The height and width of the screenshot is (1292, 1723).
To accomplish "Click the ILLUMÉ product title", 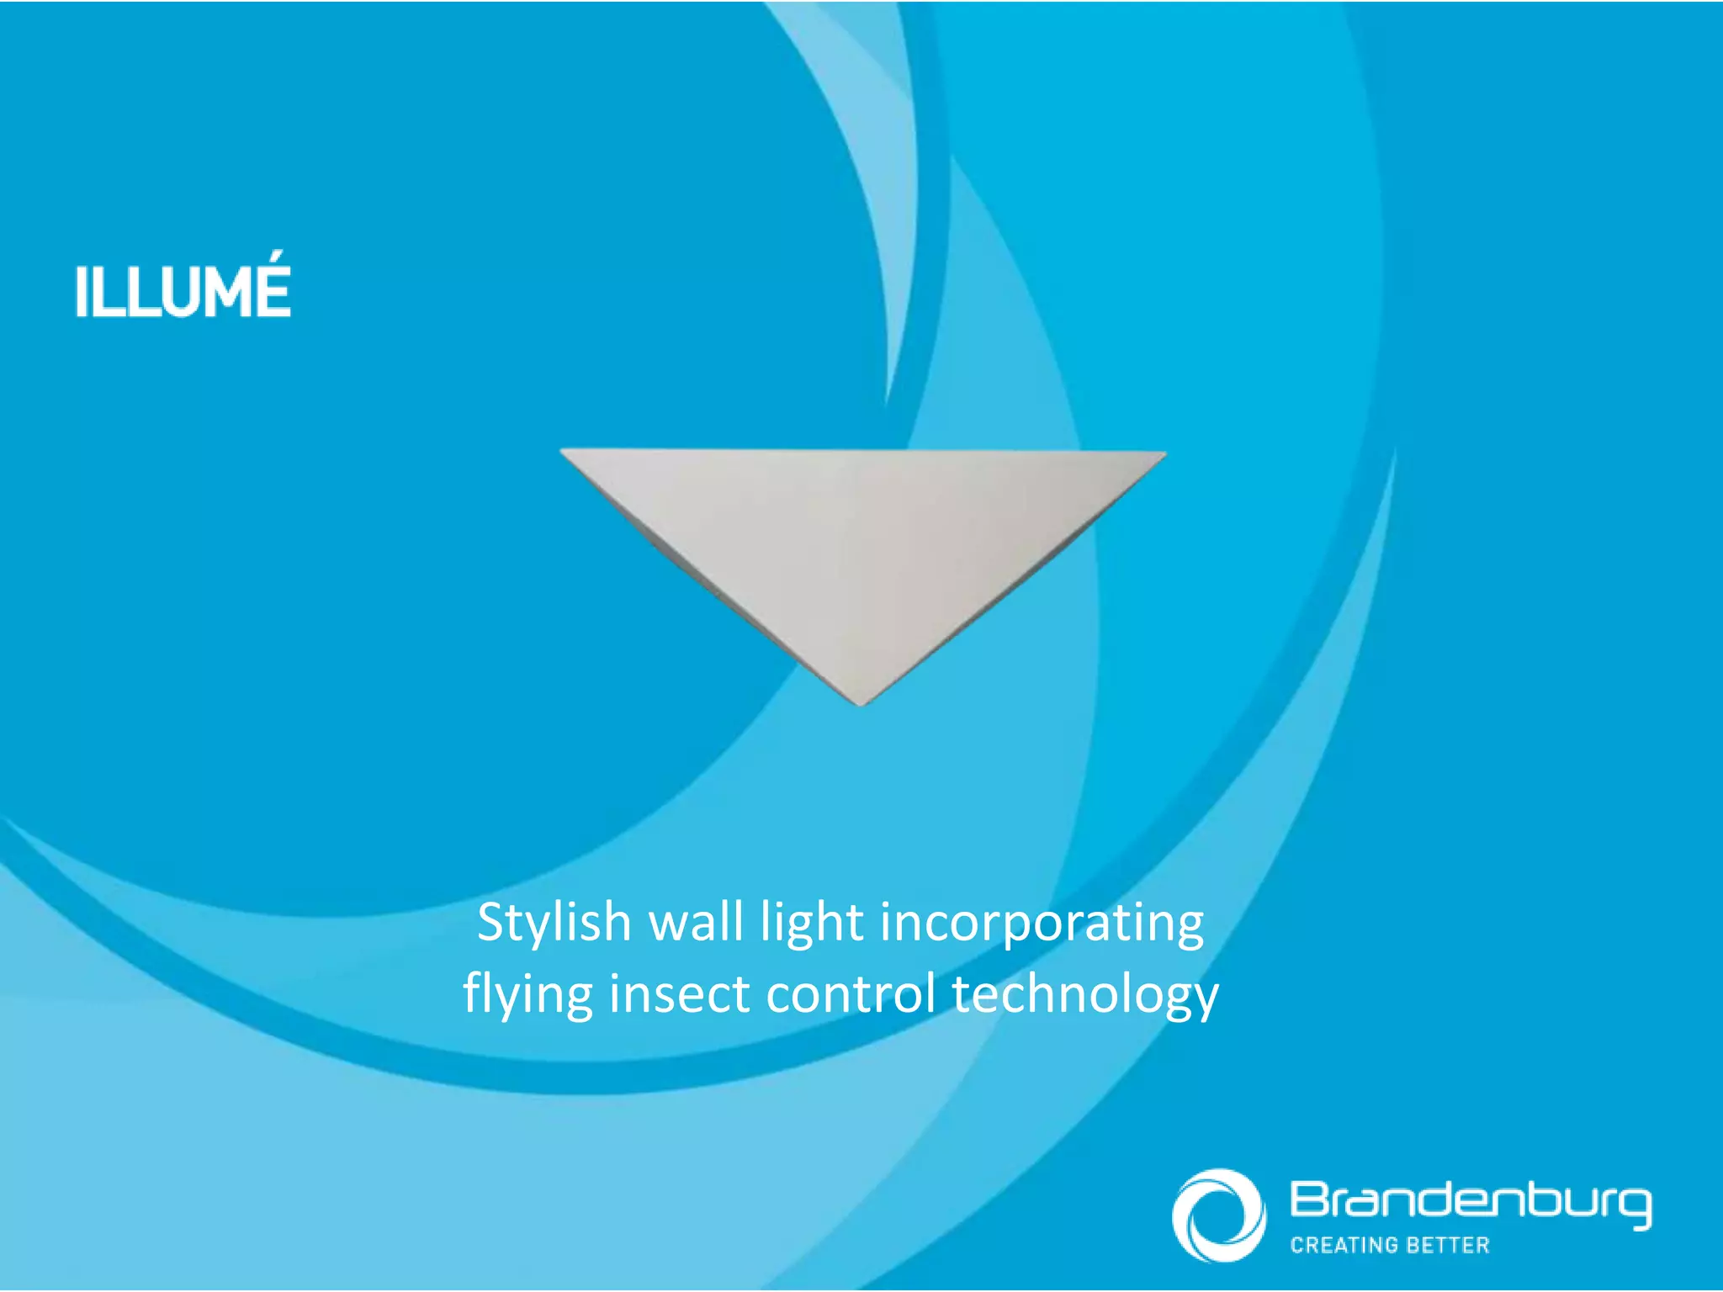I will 183,291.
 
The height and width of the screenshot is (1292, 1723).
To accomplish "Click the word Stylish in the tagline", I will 554,923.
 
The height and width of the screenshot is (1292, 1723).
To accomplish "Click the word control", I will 851,994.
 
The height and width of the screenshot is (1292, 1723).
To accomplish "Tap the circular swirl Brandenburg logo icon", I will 1218,1215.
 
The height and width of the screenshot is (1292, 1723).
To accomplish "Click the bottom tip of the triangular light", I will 861,700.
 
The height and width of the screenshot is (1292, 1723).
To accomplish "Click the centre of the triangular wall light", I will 862,538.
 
